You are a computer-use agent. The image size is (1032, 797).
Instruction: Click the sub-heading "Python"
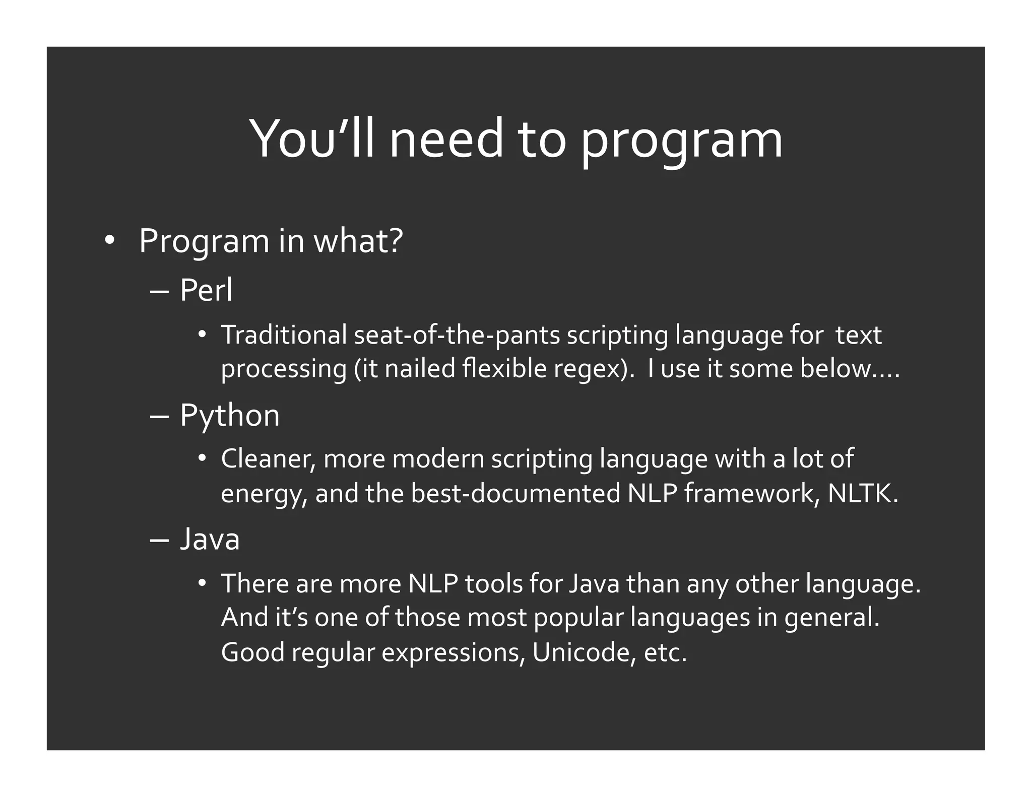(x=229, y=416)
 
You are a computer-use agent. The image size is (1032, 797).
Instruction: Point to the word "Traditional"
(x=284, y=335)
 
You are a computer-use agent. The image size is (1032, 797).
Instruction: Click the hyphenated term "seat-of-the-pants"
(x=457, y=336)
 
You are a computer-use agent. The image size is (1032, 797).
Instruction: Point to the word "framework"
(x=748, y=493)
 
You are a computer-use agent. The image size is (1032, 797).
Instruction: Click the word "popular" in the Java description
(x=578, y=618)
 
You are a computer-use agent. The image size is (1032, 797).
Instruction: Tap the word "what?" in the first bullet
(x=358, y=241)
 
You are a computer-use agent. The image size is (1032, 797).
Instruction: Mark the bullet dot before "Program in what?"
(x=109, y=241)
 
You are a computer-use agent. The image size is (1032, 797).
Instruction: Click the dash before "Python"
(x=159, y=417)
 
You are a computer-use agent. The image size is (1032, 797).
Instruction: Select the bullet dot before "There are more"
(x=202, y=584)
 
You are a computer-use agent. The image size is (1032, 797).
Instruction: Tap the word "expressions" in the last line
(x=450, y=652)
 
